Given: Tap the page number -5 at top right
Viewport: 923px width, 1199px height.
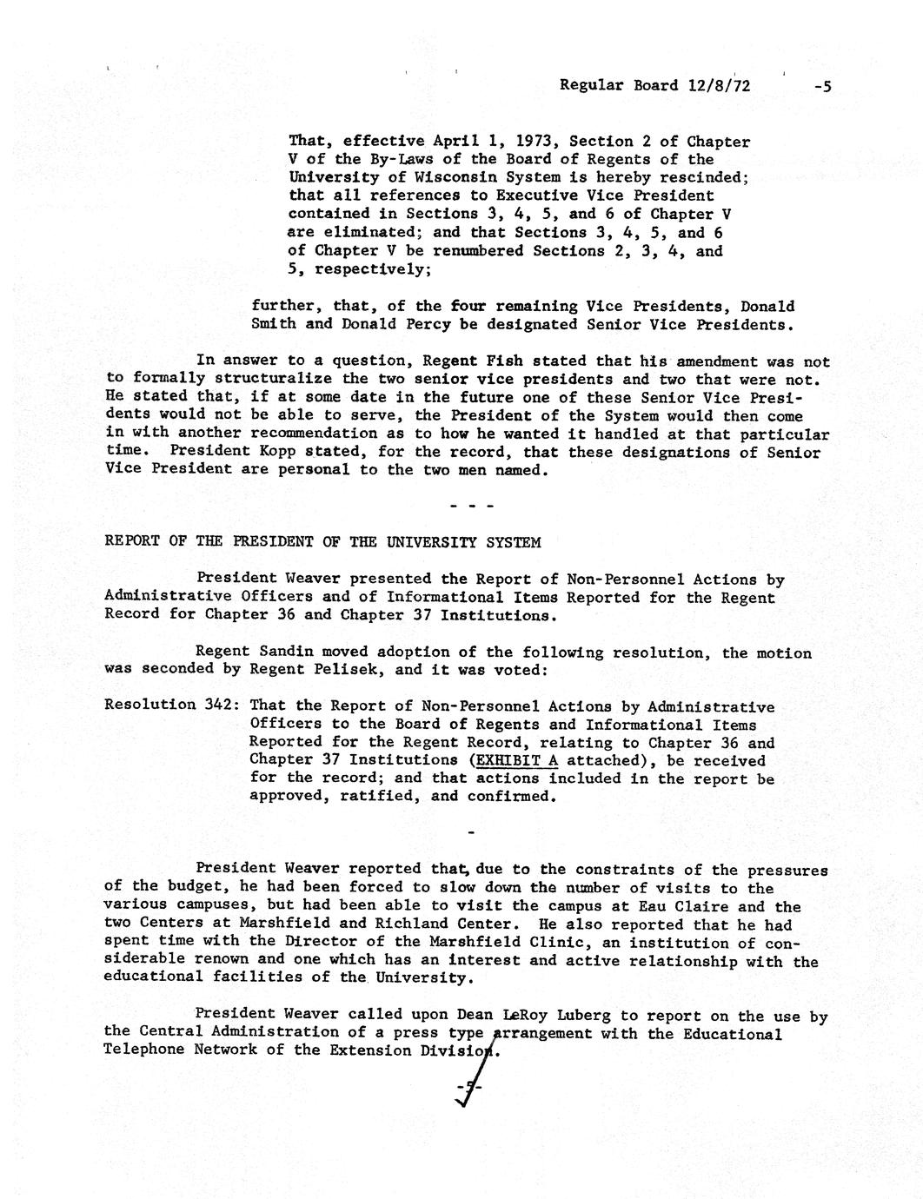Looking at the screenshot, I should (822, 85).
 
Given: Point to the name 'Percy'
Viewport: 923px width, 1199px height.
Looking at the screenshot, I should (414, 325).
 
